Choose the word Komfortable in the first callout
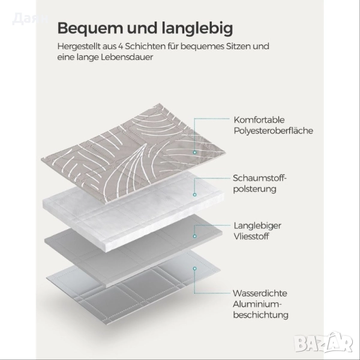tap(259, 119)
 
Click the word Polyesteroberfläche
tap(273, 130)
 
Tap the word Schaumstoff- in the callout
tap(260, 178)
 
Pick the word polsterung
tap(254, 189)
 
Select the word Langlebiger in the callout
tap(257, 225)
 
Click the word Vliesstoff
tap(252, 236)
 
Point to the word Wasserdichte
tap(260, 293)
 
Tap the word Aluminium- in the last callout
tap(256, 304)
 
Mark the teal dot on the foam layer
tap(194, 195)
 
